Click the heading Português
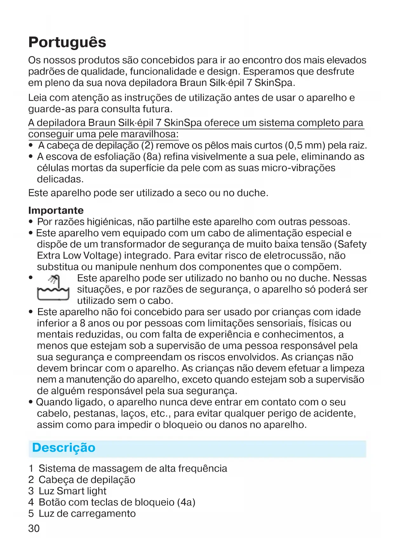tap(67, 42)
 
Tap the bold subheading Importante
tap(56, 210)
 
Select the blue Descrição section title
tap(64, 448)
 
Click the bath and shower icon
tap(53, 288)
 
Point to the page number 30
tap(34, 528)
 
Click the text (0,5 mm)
tap(305, 145)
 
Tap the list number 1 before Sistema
tap(31, 469)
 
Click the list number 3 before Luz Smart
tap(31, 491)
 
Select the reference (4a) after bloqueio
tap(186, 502)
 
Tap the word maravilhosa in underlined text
tap(150, 134)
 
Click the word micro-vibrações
tap(298, 168)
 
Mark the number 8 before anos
tap(83, 323)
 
